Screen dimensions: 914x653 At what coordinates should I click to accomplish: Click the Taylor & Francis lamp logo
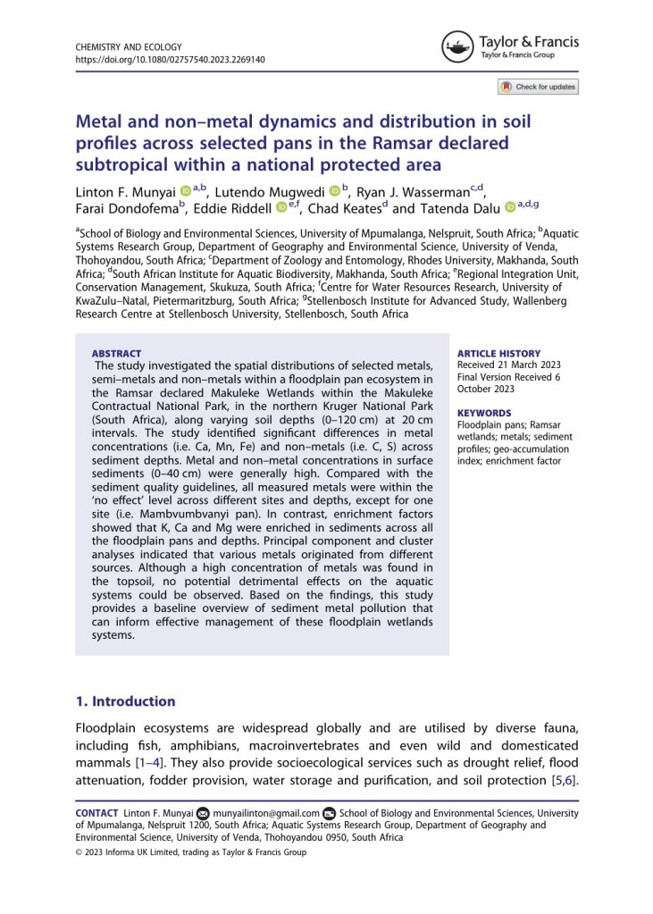click(x=457, y=46)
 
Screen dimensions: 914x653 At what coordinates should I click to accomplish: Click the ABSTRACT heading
click(x=116, y=354)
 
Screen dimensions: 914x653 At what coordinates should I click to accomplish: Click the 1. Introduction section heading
click(x=125, y=701)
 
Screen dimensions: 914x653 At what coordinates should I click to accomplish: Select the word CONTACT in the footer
click(x=96, y=812)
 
